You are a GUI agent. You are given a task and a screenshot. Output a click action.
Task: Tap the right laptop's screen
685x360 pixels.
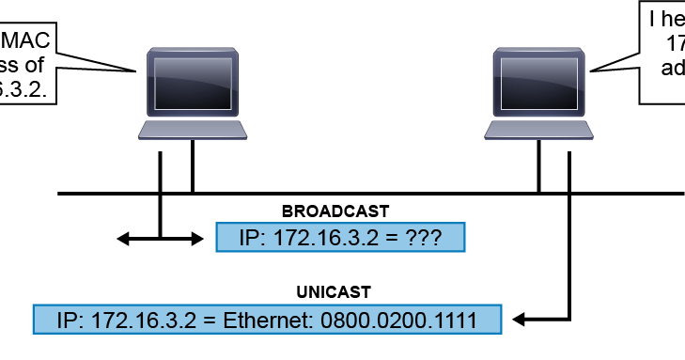point(539,82)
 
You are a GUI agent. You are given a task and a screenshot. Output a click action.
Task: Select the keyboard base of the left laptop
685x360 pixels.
point(193,129)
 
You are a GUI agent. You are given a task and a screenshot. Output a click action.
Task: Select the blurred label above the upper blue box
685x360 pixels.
point(335,211)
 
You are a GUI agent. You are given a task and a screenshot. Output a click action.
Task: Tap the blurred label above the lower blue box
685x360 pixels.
point(334,292)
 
